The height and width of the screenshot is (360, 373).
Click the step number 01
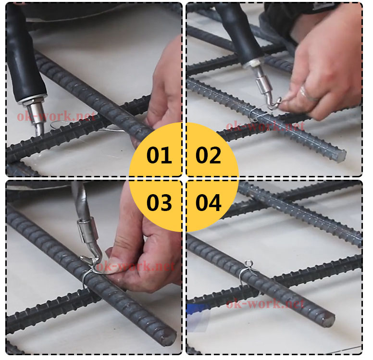159,155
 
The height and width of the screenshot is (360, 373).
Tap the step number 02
209,155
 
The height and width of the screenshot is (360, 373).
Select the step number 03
159,202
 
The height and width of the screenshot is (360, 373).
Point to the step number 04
209,202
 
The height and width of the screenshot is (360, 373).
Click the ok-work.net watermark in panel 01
56,116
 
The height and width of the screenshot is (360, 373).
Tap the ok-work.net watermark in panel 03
136,266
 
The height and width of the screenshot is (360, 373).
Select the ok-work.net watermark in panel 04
265,304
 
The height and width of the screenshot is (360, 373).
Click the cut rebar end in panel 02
341,156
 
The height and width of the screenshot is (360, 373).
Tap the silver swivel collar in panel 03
88,231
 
